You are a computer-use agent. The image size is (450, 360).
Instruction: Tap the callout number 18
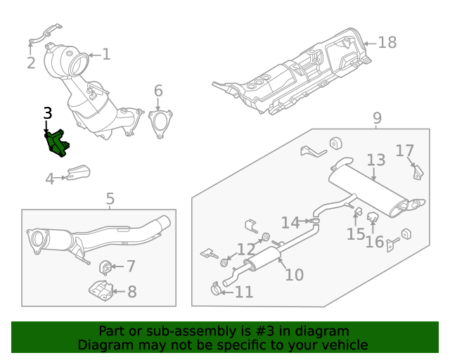[387, 43]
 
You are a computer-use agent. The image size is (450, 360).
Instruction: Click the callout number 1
[105, 54]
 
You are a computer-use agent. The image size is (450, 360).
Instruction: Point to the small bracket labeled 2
[44, 34]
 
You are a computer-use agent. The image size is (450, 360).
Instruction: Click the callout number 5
[110, 200]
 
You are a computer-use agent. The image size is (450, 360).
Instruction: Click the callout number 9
[377, 119]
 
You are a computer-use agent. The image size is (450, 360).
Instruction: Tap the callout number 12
[245, 249]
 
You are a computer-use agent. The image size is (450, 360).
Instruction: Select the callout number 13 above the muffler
[375, 161]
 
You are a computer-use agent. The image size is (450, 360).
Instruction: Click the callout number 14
[290, 223]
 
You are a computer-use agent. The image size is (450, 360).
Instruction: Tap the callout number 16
[374, 242]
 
